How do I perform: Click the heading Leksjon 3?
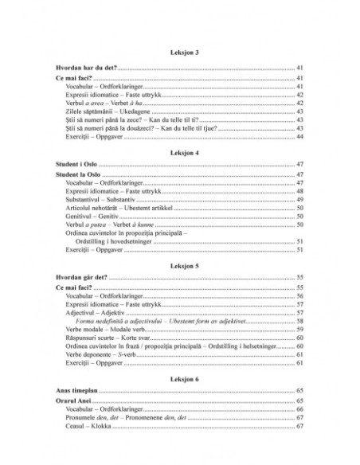(x=179, y=51)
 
